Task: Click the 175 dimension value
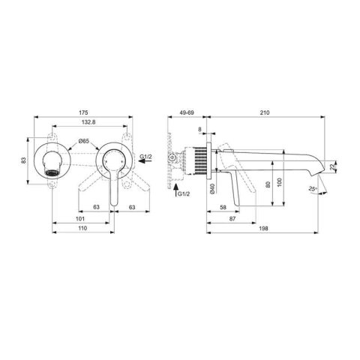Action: point(83,112)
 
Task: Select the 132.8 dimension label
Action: point(88,122)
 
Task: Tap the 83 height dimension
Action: point(23,160)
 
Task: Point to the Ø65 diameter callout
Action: point(84,141)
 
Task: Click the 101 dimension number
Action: point(80,219)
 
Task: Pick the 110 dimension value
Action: point(82,228)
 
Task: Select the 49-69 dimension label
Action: point(187,112)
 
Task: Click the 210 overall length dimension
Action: point(265,112)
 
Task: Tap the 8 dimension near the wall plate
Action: point(199,129)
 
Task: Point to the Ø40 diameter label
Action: point(212,188)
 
